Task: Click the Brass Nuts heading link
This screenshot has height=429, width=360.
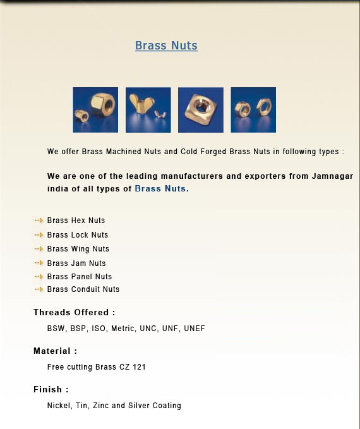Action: (x=166, y=46)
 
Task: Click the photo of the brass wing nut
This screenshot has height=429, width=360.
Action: (x=148, y=110)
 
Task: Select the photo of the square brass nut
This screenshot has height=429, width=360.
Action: (x=200, y=110)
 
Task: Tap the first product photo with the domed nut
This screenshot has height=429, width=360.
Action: (x=95, y=110)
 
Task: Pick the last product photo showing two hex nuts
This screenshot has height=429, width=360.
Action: (x=253, y=110)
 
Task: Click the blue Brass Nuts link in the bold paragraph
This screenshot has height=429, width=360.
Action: (x=160, y=189)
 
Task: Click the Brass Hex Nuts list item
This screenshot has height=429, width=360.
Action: (x=76, y=221)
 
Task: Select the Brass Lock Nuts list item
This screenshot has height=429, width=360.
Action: (x=78, y=235)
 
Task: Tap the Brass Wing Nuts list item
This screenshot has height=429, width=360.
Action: (x=78, y=249)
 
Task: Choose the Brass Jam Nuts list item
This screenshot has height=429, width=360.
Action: (x=76, y=263)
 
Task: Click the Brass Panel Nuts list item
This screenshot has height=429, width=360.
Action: (x=80, y=277)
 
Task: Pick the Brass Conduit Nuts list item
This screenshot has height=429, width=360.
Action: (x=83, y=289)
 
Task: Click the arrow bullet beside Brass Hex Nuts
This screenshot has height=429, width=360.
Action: (x=39, y=221)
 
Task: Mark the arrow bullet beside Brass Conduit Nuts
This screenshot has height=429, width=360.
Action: (x=39, y=289)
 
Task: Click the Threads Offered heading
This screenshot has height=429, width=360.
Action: (x=75, y=313)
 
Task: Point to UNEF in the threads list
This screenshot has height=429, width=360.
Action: (x=195, y=329)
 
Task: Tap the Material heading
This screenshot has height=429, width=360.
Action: (x=56, y=351)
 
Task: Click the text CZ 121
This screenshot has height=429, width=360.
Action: (x=133, y=367)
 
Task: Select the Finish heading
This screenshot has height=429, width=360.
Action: (x=51, y=390)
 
